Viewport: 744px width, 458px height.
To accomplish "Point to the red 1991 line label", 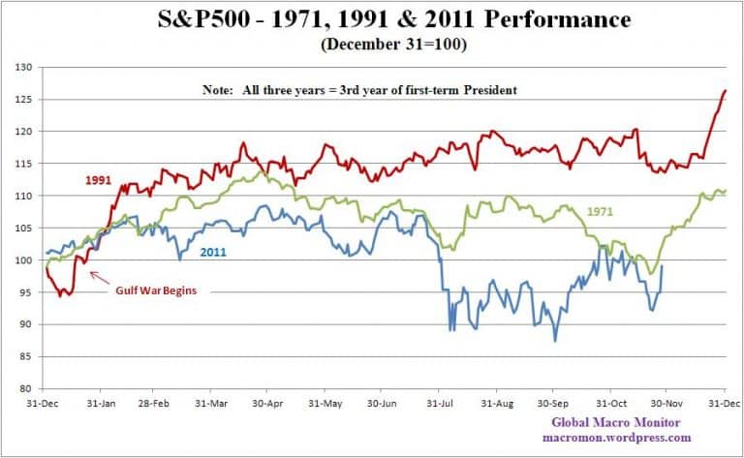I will coord(97,180).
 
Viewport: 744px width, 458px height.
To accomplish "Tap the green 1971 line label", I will coord(603,210).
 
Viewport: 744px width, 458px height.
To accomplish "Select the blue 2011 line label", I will coord(215,253).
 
